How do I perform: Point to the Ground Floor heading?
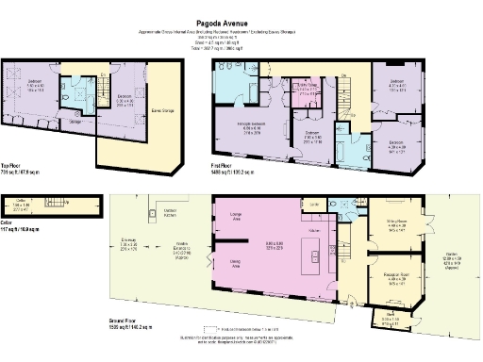(x=16, y=326)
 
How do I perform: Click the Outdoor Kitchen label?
(x=171, y=212)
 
